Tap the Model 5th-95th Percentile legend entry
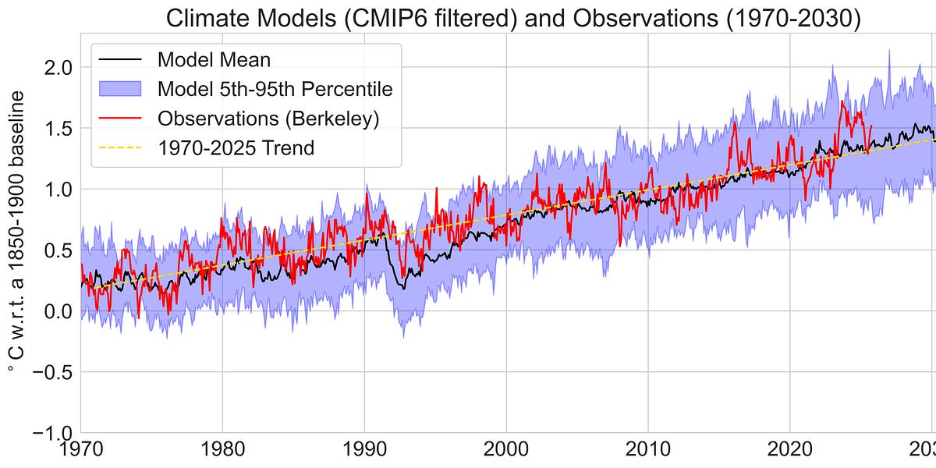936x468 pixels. [x=275, y=88]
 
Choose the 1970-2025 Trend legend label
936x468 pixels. [x=236, y=147]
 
